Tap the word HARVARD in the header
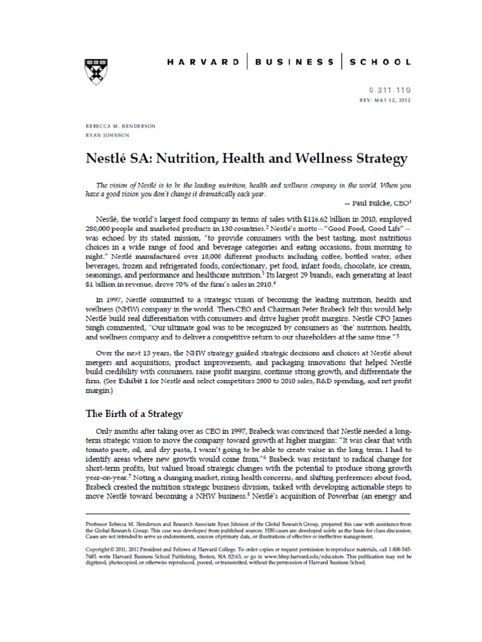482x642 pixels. (x=202, y=62)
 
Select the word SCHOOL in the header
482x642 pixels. (x=380, y=62)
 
